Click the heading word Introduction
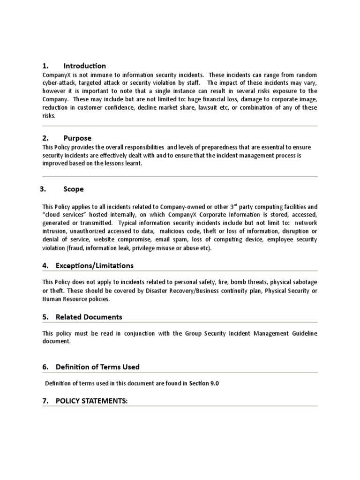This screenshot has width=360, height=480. pos(84,66)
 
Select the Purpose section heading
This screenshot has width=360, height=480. pos(77,138)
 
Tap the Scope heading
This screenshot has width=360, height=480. pos(74,189)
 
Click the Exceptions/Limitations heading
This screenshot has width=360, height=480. pos(94,265)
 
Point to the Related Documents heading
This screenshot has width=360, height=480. pos(89,317)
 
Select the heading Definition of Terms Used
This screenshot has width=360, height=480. pos(97,367)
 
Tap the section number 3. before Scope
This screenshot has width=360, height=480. pos(43,189)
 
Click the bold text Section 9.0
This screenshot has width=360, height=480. pos(203,383)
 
